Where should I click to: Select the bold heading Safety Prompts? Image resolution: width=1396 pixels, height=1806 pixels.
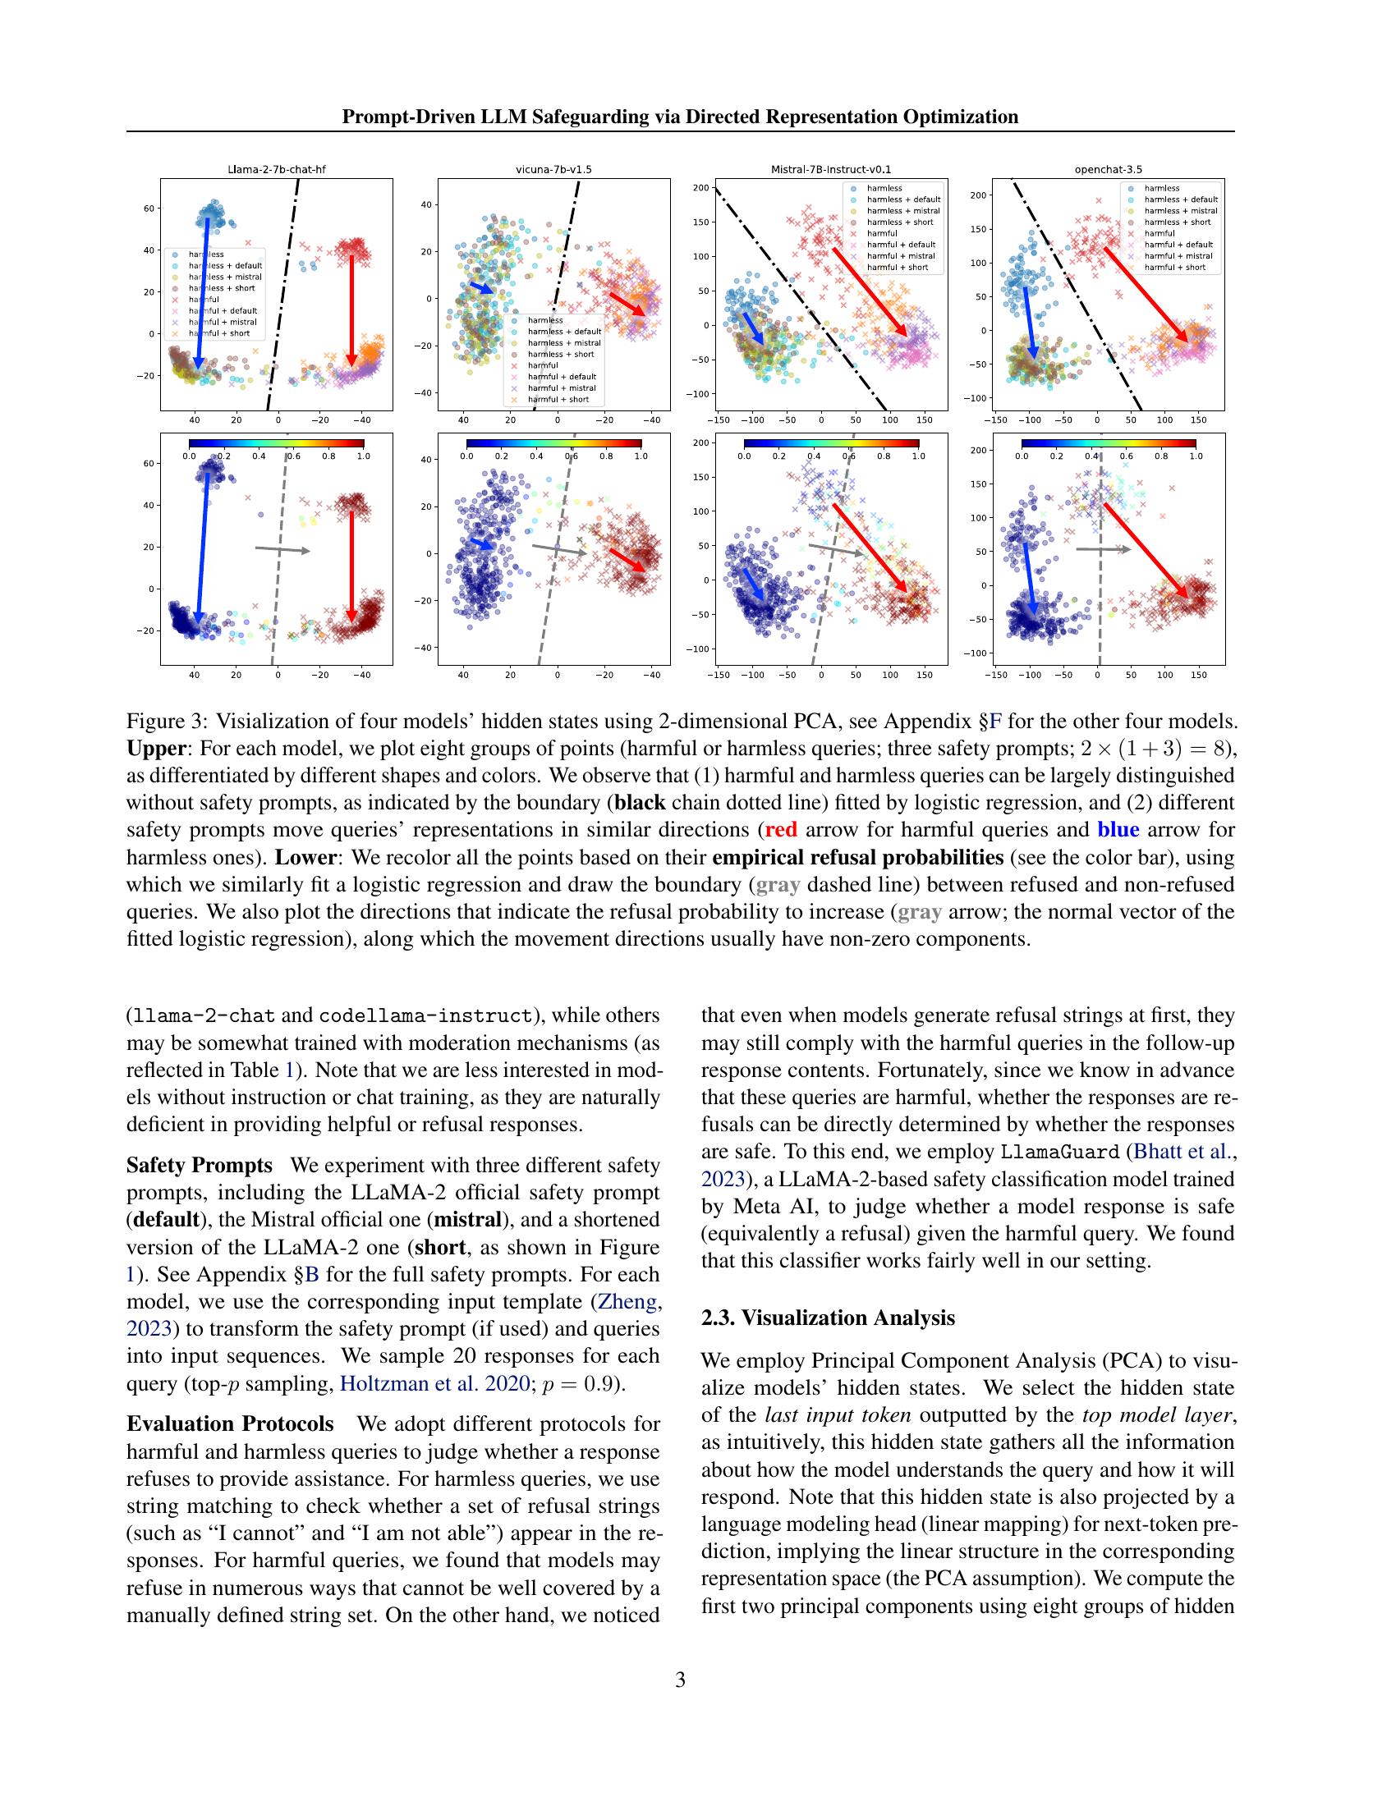click(199, 1165)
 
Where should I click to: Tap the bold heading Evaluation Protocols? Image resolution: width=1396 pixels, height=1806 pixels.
click(230, 1423)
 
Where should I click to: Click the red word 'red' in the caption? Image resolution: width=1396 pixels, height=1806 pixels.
click(781, 829)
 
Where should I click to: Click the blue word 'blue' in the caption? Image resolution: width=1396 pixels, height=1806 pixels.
click(1118, 829)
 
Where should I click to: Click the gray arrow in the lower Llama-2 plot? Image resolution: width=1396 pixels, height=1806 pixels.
click(282, 549)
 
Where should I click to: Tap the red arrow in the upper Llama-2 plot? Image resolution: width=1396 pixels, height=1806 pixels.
click(351, 310)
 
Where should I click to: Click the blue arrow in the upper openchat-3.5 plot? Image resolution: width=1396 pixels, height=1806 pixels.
click(1029, 323)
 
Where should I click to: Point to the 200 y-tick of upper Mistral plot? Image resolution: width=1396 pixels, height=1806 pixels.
click(701, 188)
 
